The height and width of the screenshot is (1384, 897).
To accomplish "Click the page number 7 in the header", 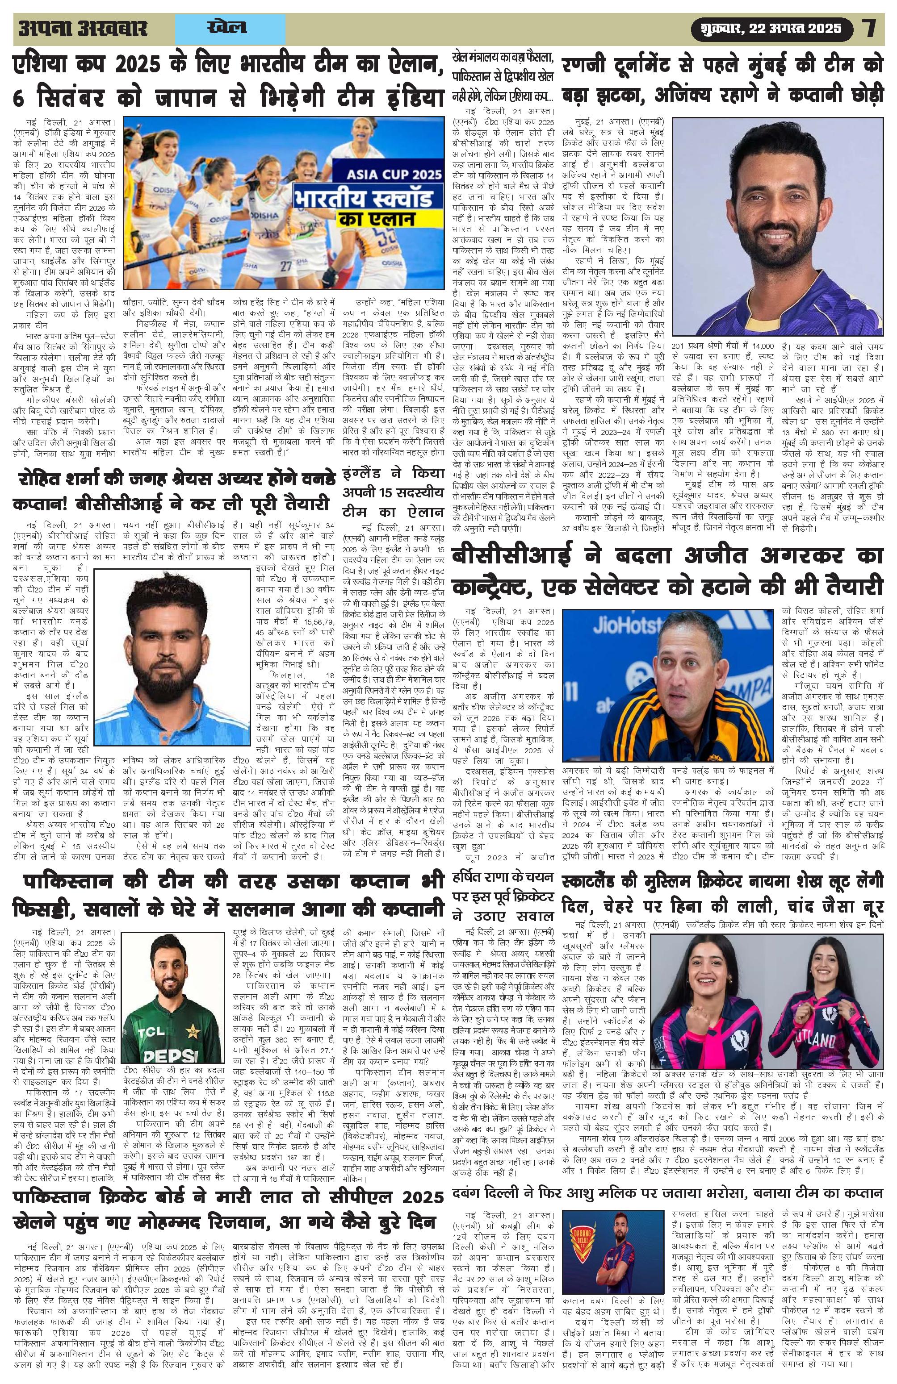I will coord(868,28).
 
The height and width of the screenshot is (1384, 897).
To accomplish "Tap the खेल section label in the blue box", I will coord(227,27).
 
